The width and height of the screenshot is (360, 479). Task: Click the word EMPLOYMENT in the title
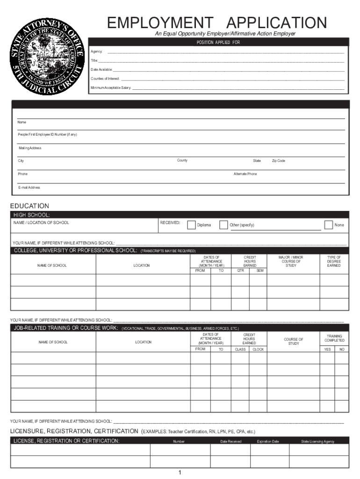[x=159, y=22]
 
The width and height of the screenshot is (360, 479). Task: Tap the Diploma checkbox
[x=191, y=225]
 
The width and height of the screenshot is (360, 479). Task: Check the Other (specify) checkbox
[x=223, y=225]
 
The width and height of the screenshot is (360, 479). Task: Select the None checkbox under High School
[x=329, y=225]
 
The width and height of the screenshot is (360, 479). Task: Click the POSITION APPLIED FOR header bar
[x=219, y=42]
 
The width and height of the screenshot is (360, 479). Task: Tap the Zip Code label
[x=279, y=160]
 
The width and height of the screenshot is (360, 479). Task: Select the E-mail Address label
[x=29, y=188]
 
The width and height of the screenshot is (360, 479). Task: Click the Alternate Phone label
[x=245, y=174]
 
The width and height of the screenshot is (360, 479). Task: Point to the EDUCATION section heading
[x=29, y=206]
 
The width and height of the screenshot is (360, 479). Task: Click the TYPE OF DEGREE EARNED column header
[x=334, y=261]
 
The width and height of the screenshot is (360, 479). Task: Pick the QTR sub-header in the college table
[x=240, y=270]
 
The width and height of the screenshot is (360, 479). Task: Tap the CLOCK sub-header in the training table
[x=258, y=349]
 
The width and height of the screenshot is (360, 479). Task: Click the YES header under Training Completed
[x=327, y=349]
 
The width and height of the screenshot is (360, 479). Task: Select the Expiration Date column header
[x=268, y=441]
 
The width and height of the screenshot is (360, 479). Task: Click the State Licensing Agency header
[x=318, y=441]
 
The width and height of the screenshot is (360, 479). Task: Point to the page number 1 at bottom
[x=180, y=473]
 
